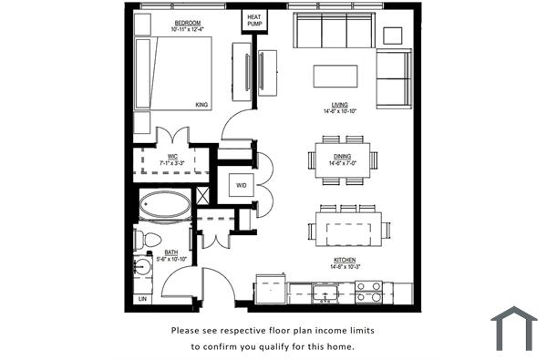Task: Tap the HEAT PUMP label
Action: tap(253, 20)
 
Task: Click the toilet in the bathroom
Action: tap(142, 240)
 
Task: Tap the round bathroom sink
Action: tap(142, 268)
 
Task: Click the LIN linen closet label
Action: tap(141, 298)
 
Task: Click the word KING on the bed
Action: tap(201, 105)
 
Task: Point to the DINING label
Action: tap(342, 157)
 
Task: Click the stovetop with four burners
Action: tap(368, 292)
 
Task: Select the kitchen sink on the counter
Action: tap(324, 293)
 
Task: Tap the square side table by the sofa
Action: tap(393, 35)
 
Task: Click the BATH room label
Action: tap(170, 253)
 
